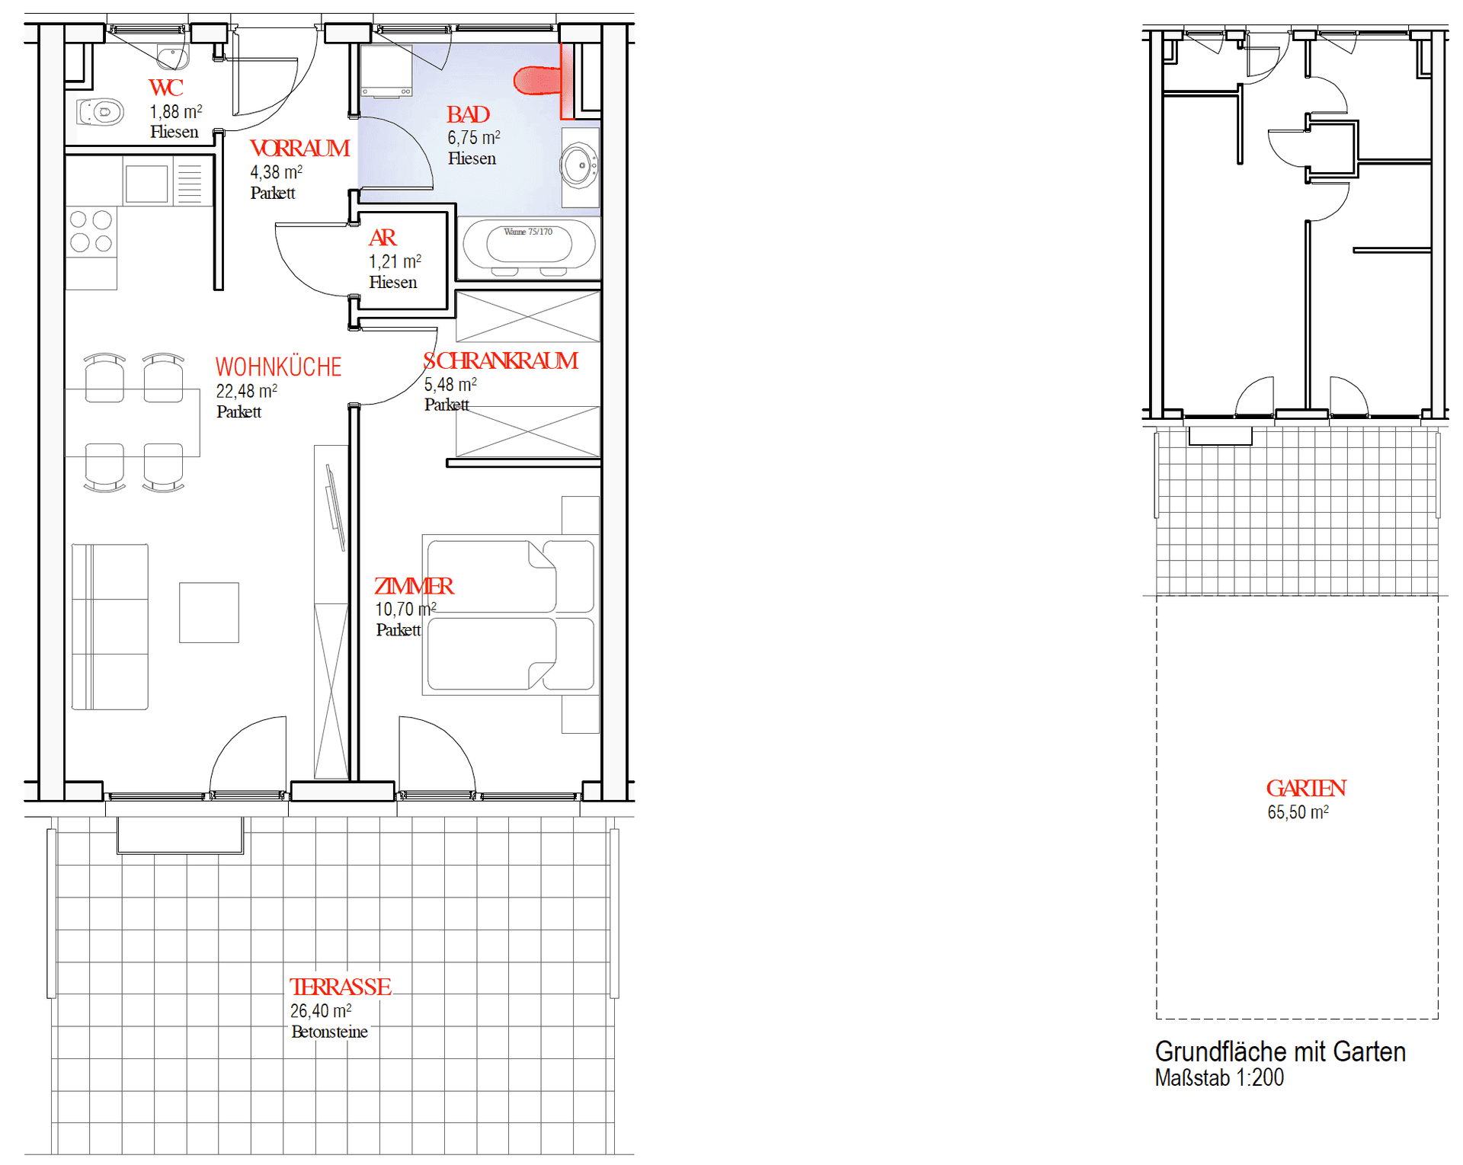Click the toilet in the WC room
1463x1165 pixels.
(x=101, y=112)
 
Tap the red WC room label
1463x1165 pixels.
(x=166, y=88)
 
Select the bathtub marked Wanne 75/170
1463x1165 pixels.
(x=529, y=245)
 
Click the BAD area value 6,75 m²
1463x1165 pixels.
(x=473, y=138)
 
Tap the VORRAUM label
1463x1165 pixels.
(x=299, y=148)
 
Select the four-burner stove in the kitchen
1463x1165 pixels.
(x=91, y=232)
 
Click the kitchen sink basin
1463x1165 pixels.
(x=146, y=184)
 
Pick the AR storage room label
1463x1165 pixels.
(x=383, y=238)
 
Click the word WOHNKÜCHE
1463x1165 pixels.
(x=278, y=367)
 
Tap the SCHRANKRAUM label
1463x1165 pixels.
(x=501, y=360)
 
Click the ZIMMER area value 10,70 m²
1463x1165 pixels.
(x=405, y=610)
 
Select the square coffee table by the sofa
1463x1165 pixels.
(x=209, y=613)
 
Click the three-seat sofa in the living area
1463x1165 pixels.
(x=110, y=626)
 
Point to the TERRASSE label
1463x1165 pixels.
(x=340, y=987)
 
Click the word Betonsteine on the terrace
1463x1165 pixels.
(x=329, y=1032)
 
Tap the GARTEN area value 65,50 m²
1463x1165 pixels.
(x=1298, y=812)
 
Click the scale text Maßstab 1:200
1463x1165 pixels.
(x=1219, y=1078)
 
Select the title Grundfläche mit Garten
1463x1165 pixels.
(x=1280, y=1051)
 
